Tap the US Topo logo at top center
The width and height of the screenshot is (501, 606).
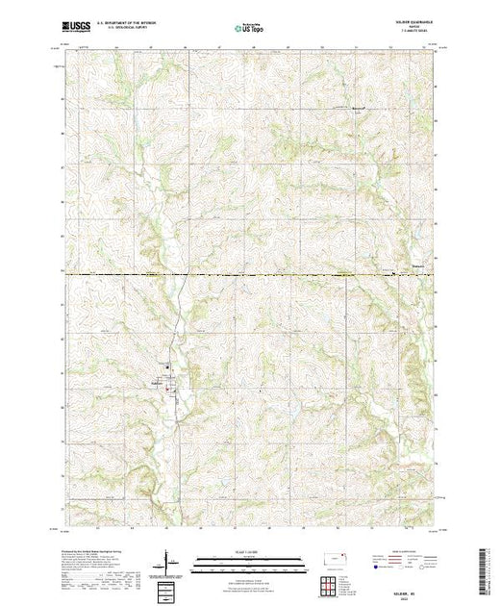249,30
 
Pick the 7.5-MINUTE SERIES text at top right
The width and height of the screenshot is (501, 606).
420,36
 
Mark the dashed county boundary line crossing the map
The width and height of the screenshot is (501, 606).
250,276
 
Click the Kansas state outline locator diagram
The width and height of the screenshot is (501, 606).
332,561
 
